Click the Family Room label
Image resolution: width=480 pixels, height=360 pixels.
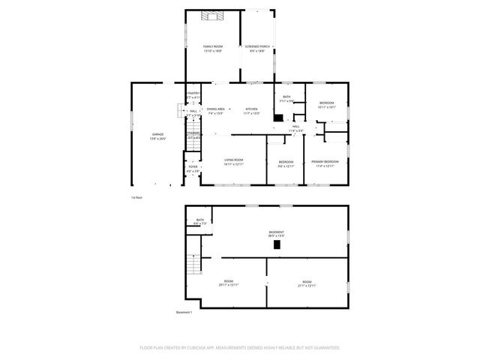[213, 47]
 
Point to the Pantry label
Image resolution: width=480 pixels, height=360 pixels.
[193, 94]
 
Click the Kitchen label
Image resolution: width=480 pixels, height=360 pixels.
[251, 109]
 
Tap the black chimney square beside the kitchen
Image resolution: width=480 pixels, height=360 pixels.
[278, 118]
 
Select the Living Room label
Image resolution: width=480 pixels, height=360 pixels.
[234, 160]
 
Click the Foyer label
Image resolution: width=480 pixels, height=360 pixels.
[193, 167]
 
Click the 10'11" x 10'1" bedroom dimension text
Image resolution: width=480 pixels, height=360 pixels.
[327, 106]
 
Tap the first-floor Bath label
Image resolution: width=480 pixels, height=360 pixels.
[286, 97]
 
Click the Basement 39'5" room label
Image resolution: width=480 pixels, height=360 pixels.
[276, 232]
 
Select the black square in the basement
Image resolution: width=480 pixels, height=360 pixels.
[277, 244]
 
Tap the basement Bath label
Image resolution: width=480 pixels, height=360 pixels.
[199, 220]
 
